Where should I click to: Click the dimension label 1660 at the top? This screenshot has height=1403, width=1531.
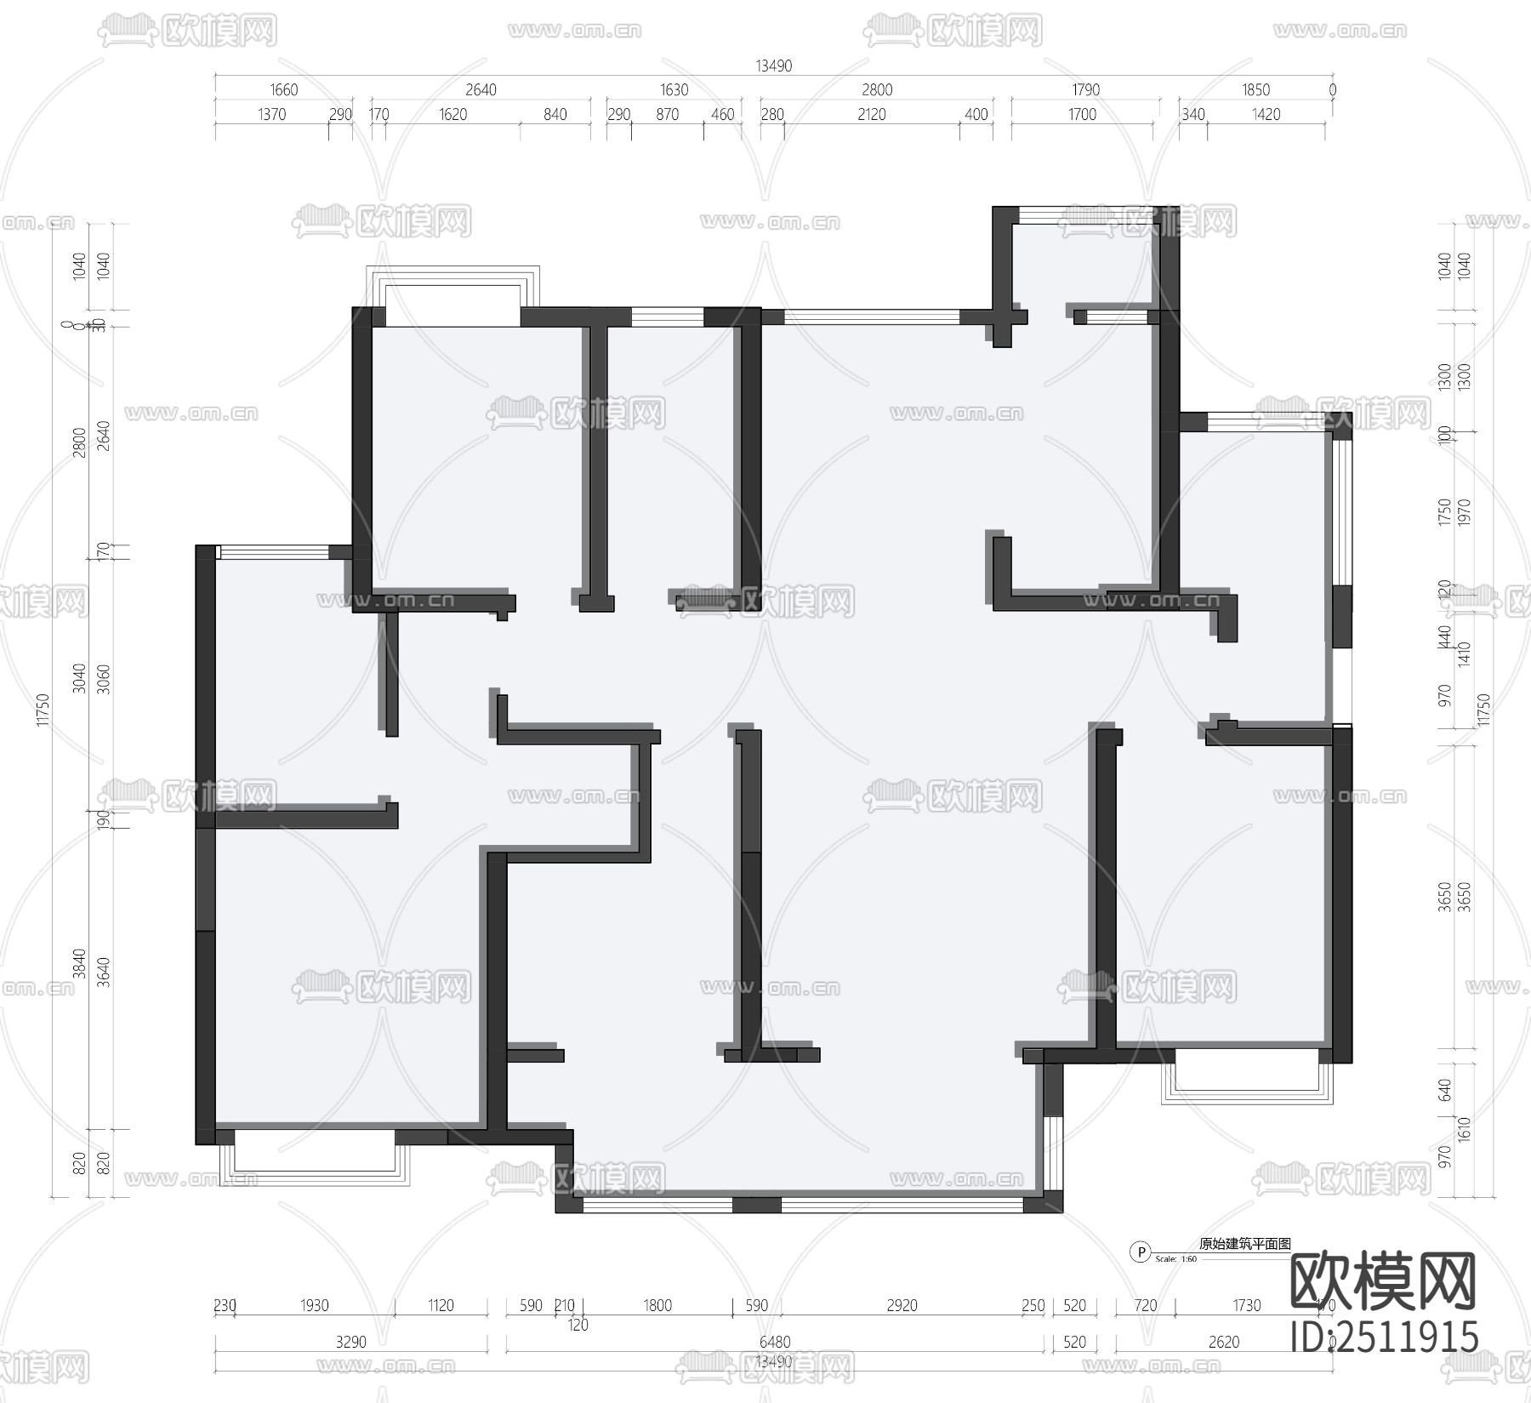(x=284, y=90)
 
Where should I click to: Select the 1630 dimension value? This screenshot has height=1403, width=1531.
(x=674, y=90)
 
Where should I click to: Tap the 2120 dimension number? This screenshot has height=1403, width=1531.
(x=872, y=115)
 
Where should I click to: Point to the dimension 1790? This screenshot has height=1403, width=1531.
(x=1086, y=90)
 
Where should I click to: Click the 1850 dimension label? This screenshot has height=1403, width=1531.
(x=1256, y=90)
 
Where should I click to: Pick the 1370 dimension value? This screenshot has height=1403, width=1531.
(x=272, y=115)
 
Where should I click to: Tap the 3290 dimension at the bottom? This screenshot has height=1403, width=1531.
(x=350, y=1343)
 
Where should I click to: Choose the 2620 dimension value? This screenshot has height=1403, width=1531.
(x=1224, y=1343)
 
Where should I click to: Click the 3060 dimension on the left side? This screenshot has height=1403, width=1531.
(x=104, y=679)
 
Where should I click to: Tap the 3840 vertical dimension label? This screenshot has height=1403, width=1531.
(x=79, y=964)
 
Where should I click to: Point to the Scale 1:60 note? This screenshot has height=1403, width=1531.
(x=1178, y=1259)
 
